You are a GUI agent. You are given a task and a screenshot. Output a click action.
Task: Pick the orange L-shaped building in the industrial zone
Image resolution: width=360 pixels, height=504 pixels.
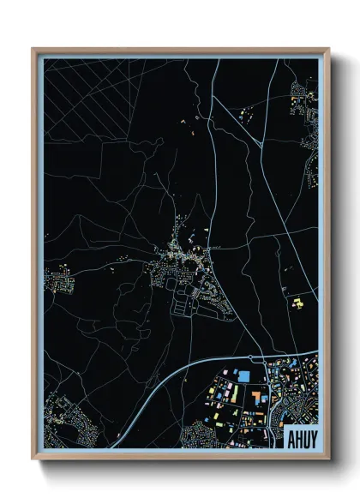[x=256, y=398]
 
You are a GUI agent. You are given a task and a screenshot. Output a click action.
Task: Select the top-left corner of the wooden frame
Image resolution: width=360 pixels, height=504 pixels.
[x=33, y=50]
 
